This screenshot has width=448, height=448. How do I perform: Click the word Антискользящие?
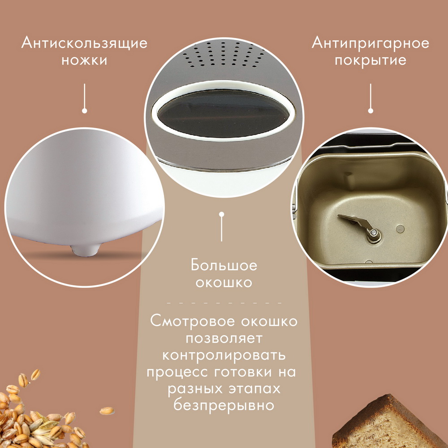click(x=84, y=44)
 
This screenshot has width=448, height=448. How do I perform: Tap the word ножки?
click(x=84, y=60)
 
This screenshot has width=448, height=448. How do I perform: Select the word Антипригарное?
click(x=370, y=44)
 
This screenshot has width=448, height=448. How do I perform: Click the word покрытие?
click(x=370, y=61)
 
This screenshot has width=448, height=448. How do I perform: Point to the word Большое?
click(x=224, y=265)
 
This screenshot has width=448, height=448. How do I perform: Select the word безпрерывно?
click(x=224, y=405)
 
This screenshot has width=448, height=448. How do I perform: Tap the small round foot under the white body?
click(x=84, y=249)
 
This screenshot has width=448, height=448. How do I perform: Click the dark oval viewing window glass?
click(x=223, y=113)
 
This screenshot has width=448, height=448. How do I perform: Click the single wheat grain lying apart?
click(x=107, y=411)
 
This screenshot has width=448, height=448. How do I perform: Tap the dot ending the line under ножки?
click(x=84, y=111)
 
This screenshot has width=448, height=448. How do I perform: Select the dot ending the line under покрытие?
click(x=370, y=111)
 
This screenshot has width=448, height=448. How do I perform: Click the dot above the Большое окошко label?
click(x=221, y=214)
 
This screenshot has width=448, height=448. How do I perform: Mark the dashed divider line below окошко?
click(x=224, y=302)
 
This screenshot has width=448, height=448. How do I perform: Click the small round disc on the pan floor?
click(x=400, y=228)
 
